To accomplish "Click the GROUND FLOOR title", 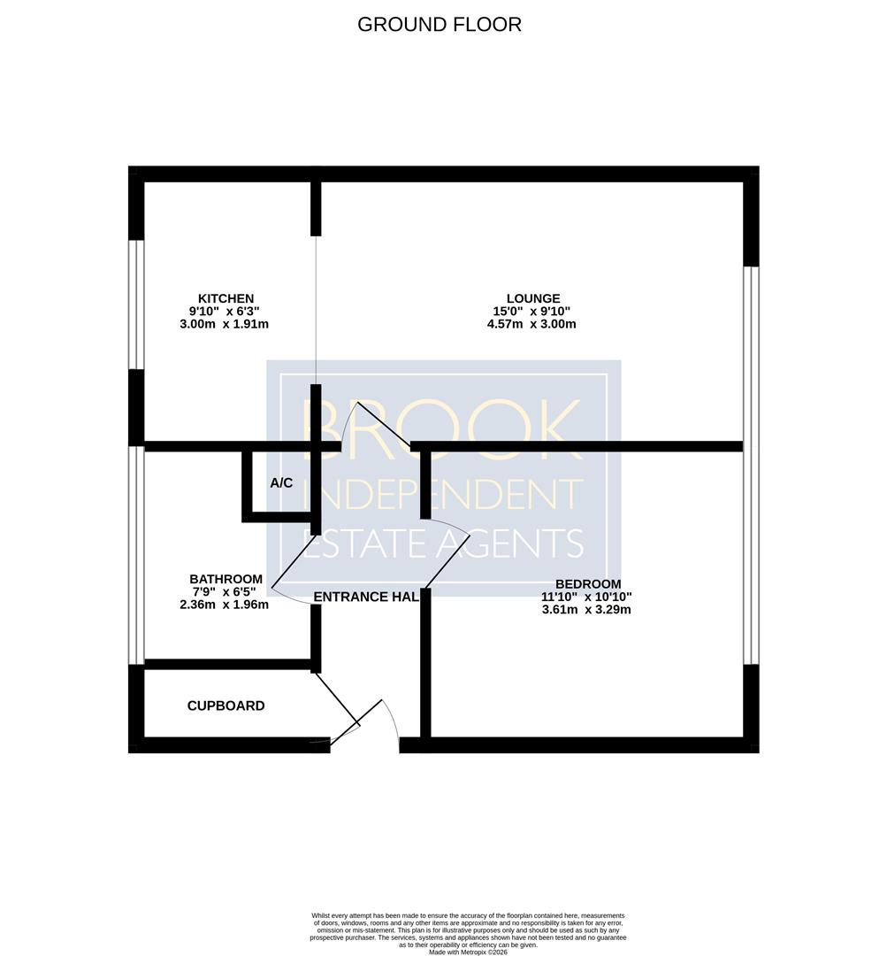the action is point(440,25).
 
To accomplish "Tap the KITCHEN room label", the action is point(226,299).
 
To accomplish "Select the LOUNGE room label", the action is point(533,299).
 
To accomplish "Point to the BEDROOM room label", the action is point(588,584).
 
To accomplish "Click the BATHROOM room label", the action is point(226,579).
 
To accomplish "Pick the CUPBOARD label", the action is point(226,706).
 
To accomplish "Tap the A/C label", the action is point(281,483).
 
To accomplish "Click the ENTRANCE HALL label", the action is point(366,597).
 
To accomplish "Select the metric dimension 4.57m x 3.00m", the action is point(531,324).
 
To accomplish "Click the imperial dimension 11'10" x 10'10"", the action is point(586,597).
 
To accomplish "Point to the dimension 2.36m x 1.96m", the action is point(225,605).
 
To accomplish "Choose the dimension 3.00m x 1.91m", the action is point(225,324).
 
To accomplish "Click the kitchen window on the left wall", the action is point(136,305).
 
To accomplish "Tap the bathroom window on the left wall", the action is point(136,555).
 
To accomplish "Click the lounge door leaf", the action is point(383,424).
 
